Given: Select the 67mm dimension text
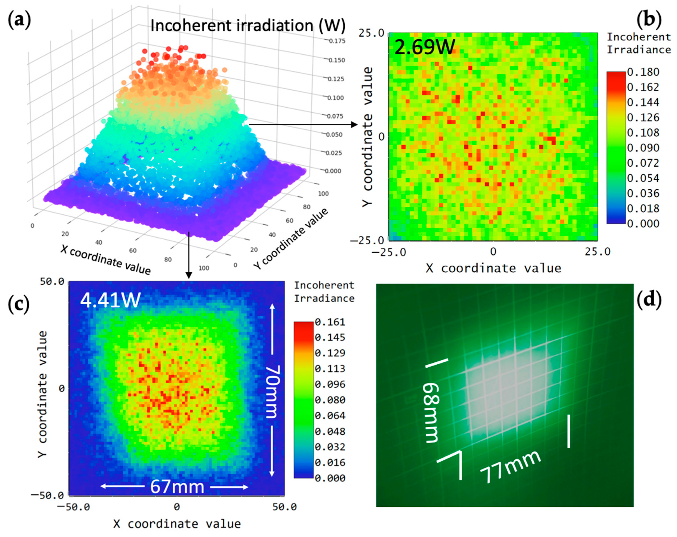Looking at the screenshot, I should pyautogui.click(x=177, y=487).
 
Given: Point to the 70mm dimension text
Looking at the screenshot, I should pyautogui.click(x=272, y=392).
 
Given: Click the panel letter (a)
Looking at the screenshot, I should pyautogui.click(x=19, y=21).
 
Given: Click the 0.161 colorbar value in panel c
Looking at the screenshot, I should pyautogui.click(x=330, y=322).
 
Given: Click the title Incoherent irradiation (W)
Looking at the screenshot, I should pyautogui.click(x=248, y=25).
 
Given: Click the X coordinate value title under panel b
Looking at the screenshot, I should pyautogui.click(x=493, y=268).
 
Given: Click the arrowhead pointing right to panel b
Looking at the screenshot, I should pyautogui.click(x=355, y=125).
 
